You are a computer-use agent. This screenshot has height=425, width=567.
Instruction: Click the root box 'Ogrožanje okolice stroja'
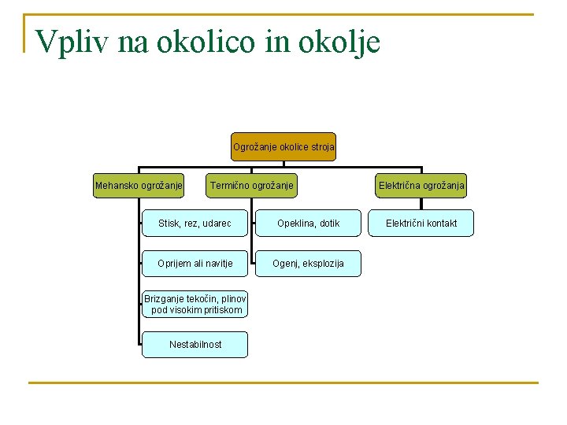[x=283, y=146]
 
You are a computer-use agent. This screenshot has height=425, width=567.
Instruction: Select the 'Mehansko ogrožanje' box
[x=139, y=186]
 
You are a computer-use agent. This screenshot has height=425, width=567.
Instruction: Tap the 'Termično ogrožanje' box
[x=251, y=186]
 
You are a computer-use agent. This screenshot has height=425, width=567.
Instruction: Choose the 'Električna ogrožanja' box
[x=421, y=186]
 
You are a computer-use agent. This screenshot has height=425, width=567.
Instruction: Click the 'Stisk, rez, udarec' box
[x=195, y=224]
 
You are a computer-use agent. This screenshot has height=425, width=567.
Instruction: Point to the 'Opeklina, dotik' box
[x=308, y=224]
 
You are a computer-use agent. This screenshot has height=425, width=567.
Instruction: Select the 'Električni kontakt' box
[x=421, y=224]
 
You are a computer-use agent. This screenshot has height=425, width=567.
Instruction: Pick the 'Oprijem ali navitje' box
[x=195, y=264]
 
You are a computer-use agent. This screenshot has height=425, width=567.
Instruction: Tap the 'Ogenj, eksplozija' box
[x=308, y=264]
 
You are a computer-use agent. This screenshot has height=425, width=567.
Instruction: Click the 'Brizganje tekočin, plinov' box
[x=195, y=304]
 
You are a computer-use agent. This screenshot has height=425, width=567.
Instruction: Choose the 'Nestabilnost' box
[x=195, y=344]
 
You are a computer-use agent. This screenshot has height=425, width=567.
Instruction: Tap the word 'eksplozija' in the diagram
[x=323, y=264]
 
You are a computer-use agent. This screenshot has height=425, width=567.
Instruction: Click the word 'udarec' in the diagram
[x=216, y=224]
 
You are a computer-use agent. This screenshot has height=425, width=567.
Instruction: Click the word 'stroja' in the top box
[x=321, y=146]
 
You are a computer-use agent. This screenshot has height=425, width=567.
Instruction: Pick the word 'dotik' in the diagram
[x=328, y=224]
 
